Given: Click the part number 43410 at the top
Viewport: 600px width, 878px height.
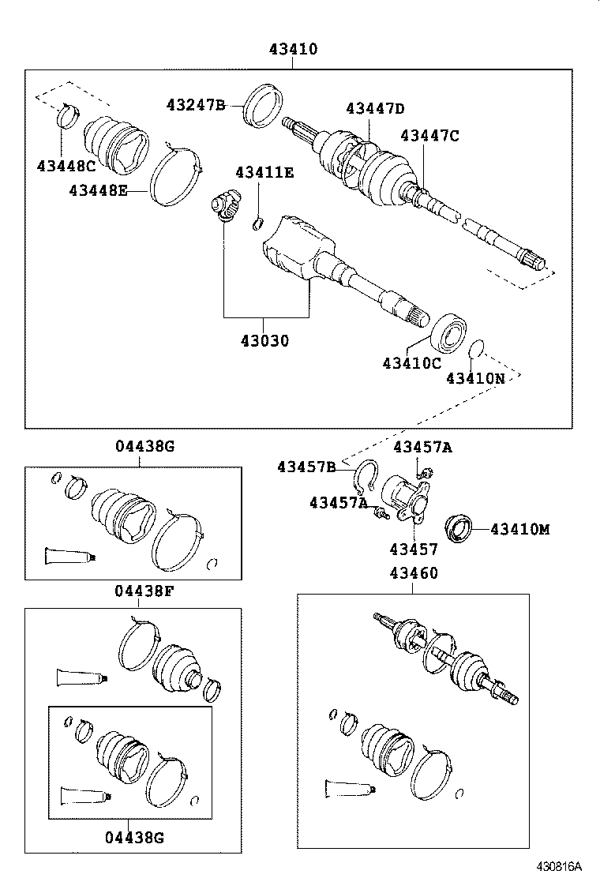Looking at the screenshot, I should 292,49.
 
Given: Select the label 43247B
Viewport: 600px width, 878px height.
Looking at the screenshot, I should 196,104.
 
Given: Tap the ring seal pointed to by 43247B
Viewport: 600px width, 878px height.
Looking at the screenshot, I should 264,105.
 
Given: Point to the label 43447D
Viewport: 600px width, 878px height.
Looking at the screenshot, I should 375,109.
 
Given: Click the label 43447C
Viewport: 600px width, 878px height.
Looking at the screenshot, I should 429,136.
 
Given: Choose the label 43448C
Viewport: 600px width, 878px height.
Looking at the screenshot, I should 66,165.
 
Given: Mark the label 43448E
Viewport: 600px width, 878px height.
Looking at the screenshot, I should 98,190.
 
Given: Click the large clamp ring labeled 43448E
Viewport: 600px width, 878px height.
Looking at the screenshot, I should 176,180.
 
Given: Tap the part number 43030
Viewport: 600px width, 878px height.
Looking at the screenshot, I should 264,341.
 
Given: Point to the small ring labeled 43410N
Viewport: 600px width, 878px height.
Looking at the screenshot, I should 475,349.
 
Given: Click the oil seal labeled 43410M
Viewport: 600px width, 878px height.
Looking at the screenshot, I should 459,527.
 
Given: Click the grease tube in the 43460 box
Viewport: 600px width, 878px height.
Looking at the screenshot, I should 348,786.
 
